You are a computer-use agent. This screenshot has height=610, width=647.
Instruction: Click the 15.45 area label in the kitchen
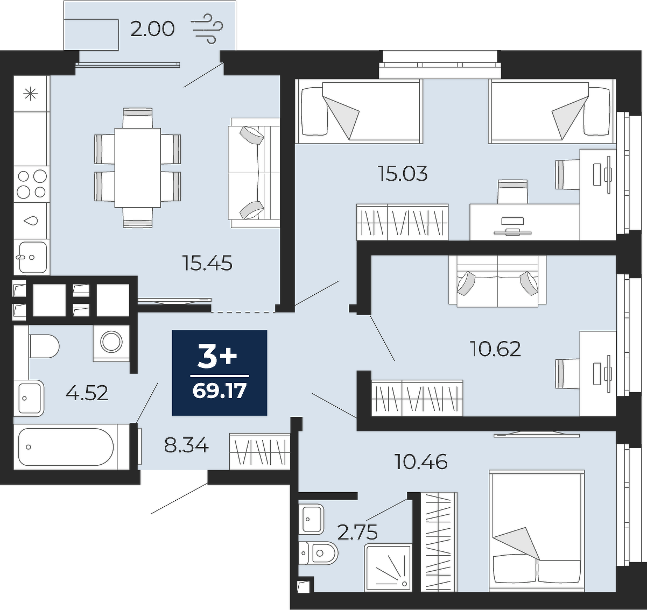tap(208, 263)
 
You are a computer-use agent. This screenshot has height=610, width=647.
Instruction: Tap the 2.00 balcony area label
tap(152, 29)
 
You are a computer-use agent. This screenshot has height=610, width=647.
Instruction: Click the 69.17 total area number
tap(219, 391)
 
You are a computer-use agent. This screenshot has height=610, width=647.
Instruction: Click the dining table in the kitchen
tap(137, 167)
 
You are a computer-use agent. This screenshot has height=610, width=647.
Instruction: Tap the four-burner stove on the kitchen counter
tap(32, 185)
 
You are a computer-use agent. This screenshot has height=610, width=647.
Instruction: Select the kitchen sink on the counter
tap(32, 257)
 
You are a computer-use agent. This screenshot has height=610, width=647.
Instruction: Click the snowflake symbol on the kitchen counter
tap(31, 94)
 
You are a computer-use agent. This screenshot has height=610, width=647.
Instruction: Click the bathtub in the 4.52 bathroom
tap(66, 447)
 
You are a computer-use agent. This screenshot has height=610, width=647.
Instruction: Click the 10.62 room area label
tap(495, 349)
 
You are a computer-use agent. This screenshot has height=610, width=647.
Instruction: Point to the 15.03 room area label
tap(403, 174)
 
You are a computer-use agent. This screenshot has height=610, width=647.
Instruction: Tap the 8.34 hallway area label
tap(186, 445)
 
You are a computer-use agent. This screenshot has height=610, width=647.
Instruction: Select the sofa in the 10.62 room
tap(497, 281)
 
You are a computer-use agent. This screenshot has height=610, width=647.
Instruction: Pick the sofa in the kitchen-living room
tap(254, 173)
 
